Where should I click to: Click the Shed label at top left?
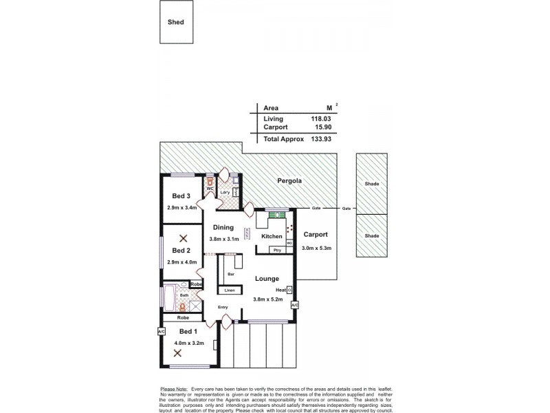point(177,22)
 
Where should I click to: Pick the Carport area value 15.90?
point(313,127)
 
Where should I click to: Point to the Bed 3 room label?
point(182,196)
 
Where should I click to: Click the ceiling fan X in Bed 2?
point(183,239)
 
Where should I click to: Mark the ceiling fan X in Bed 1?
point(177,353)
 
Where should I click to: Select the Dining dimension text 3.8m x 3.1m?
point(224,238)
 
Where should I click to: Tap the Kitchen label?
point(272,236)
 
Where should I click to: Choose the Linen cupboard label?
point(230,290)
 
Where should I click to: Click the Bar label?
point(229,274)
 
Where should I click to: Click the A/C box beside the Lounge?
point(295,304)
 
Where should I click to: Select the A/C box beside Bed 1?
point(162,331)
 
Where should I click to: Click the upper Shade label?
point(372,184)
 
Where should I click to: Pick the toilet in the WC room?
point(210,183)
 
